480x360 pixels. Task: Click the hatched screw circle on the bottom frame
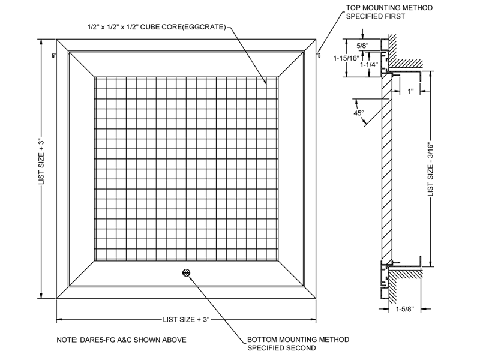coord(187,273)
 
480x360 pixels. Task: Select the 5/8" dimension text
coord(362,45)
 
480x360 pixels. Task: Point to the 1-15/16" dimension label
coord(346,58)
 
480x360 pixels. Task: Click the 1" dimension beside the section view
coord(411,91)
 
